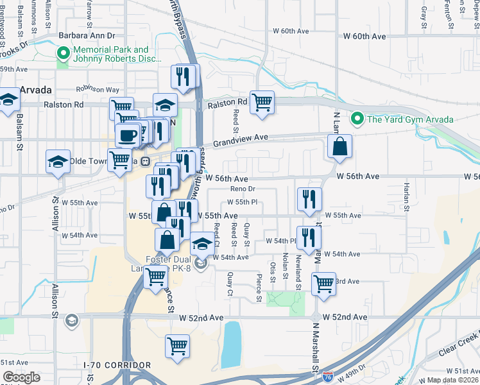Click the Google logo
click(21, 377)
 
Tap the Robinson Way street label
click(98, 90)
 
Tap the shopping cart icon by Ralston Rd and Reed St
click(262, 101)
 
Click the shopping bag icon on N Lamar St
click(339, 147)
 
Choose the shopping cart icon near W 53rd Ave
click(323, 283)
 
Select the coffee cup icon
click(126, 135)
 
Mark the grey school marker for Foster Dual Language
click(201, 263)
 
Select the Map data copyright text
click(453, 380)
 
